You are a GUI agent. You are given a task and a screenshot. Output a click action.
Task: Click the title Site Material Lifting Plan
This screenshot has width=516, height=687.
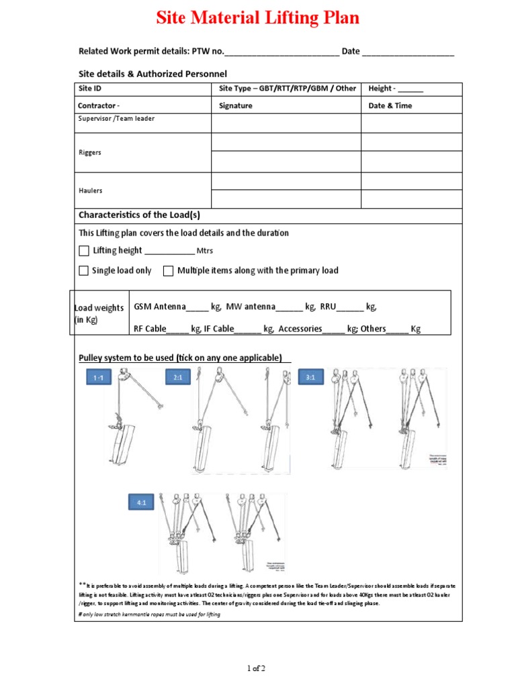tap(258, 18)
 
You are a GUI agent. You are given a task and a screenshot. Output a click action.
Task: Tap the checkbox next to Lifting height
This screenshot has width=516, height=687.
tap(84, 251)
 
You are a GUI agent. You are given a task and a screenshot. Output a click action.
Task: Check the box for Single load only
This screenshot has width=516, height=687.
tap(84, 271)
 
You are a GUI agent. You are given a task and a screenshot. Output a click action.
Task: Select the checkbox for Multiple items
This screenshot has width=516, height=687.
tap(167, 271)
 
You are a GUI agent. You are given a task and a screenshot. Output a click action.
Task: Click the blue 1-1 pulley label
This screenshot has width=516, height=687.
tap(98, 378)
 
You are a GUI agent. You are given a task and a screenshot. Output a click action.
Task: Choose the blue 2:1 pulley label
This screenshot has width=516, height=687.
tap(178, 378)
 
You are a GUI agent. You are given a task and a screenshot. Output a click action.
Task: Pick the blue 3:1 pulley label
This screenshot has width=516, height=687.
tap(310, 378)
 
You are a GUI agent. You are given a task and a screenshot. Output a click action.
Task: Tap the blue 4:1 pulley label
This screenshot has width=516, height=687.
tap(142, 502)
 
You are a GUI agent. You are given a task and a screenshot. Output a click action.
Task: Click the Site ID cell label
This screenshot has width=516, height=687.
tap(90, 89)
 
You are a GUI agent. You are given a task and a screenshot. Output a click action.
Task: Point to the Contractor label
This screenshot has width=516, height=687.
tap(99, 106)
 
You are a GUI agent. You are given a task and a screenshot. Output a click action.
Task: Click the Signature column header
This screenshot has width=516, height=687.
tap(236, 106)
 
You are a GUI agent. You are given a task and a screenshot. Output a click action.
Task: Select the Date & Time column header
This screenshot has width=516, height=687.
tap(390, 106)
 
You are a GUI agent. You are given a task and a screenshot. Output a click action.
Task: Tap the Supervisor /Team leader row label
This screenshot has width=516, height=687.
tap(116, 119)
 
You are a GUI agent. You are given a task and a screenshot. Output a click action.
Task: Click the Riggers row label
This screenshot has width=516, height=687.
tap(90, 152)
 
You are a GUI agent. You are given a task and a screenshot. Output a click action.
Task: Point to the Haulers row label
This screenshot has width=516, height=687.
tap(91, 191)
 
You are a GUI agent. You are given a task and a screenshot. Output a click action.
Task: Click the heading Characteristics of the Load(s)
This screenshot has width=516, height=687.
tap(139, 215)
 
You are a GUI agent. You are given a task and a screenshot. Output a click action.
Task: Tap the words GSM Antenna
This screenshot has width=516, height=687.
tap(160, 307)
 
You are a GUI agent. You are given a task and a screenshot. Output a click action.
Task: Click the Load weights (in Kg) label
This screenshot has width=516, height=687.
tap(99, 313)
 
